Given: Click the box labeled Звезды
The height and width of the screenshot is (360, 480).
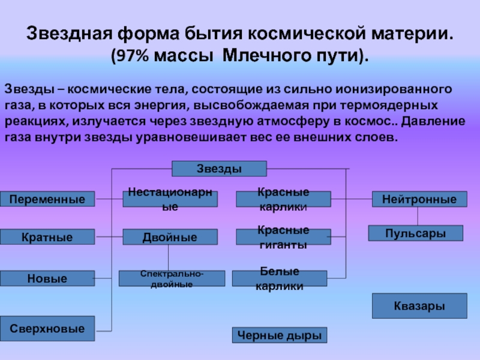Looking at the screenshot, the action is coord(219,169).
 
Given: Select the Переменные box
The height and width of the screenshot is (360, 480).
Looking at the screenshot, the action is coord(47,199).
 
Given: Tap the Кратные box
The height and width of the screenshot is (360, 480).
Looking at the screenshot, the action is coord(47,237).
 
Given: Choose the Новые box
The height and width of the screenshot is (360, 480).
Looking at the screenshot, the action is coord(47,278).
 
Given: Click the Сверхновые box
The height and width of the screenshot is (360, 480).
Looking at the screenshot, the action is coord(47,328).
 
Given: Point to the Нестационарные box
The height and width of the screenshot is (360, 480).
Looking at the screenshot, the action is coord(170,199).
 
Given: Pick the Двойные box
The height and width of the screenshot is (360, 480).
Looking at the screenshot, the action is coord(170,237).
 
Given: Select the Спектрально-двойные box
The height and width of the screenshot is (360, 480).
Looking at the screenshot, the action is coord(172,278).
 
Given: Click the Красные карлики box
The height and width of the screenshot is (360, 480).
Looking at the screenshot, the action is coord(283,199).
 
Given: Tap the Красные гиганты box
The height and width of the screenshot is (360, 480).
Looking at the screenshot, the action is coord(283,237).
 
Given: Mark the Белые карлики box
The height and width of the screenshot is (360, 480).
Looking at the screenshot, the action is coord(280,278).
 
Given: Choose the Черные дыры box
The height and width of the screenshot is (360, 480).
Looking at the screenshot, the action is coord(280,335).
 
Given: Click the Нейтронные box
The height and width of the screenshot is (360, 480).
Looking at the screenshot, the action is coord(419,199).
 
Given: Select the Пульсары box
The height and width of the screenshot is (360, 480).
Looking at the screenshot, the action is coord(415,233).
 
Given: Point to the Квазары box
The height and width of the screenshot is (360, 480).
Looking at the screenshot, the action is coord(419,306).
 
